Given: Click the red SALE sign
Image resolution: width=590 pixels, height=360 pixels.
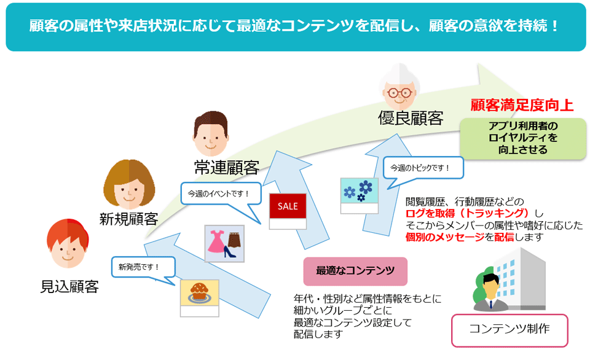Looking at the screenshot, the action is [x=288, y=206].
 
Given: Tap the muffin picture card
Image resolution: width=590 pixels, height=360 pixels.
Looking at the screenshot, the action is [x=199, y=298].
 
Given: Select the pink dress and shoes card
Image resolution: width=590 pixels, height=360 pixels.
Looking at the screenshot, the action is [x=224, y=243].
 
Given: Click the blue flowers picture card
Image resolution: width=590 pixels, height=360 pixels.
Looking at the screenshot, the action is [x=360, y=195].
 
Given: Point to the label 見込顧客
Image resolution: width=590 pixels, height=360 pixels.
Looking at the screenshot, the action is [x=69, y=287].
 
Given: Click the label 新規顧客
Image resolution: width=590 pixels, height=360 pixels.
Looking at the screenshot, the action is [x=128, y=219].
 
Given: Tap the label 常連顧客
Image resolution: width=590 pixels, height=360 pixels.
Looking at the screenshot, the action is [x=227, y=167].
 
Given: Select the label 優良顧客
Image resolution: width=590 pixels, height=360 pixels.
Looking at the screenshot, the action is [x=411, y=118].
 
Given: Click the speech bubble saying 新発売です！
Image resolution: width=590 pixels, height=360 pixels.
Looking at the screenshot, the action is [x=143, y=268].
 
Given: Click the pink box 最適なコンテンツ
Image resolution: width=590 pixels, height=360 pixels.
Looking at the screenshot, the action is [x=355, y=271].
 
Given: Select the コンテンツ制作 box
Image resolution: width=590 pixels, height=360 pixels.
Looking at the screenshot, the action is [x=509, y=330].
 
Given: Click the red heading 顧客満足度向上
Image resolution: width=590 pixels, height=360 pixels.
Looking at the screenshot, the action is [x=522, y=105].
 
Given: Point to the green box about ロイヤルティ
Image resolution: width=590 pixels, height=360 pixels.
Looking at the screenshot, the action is [x=522, y=138].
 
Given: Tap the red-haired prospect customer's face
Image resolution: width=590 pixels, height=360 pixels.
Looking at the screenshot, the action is [x=68, y=244].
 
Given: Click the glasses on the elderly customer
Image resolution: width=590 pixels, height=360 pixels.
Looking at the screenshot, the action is [x=399, y=93].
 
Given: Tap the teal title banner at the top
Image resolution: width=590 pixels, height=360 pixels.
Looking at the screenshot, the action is [x=296, y=27].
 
